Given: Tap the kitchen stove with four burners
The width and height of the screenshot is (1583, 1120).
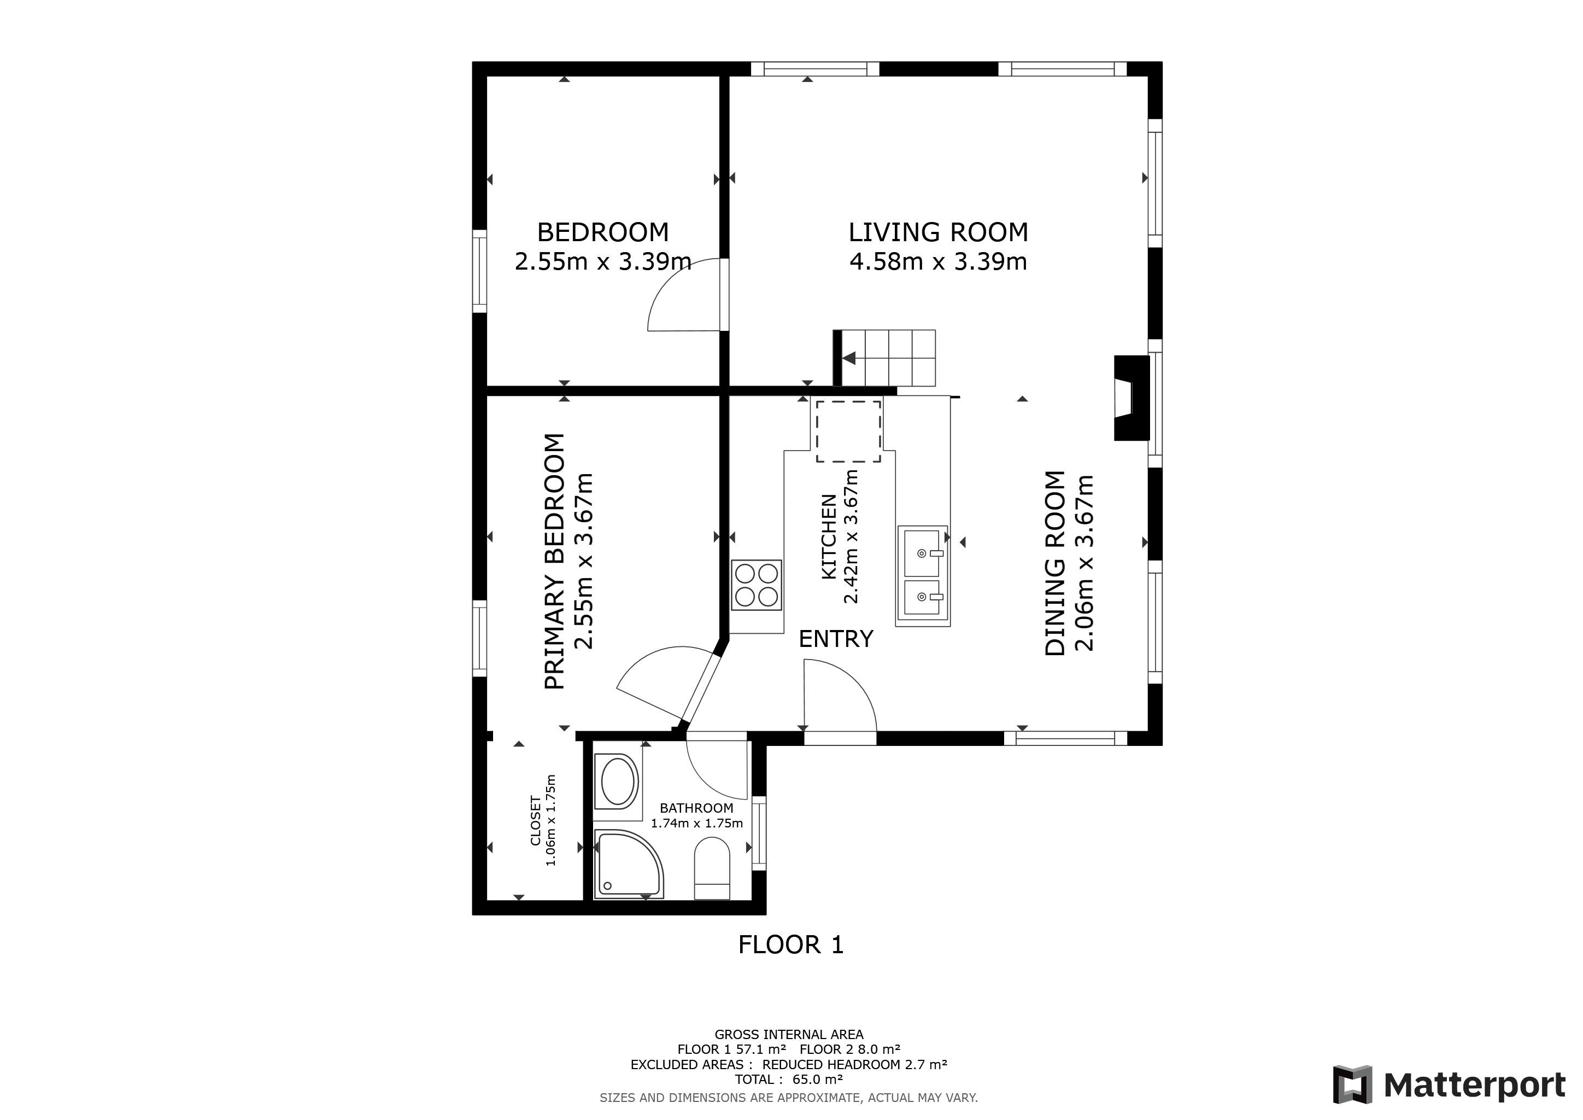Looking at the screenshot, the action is click(x=757, y=585).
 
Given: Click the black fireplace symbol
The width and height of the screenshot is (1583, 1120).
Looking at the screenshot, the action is click(x=1132, y=397).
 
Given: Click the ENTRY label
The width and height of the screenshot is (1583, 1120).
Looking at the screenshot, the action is click(x=836, y=639).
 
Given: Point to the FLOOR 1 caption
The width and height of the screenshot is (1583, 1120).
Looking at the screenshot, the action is click(x=791, y=944).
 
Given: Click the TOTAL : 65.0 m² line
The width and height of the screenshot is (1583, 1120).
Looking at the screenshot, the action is click(x=789, y=1080).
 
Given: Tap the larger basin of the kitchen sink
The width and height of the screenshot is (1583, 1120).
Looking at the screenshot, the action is click(x=922, y=553).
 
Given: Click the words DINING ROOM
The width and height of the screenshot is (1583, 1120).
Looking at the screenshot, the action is click(x=1056, y=563).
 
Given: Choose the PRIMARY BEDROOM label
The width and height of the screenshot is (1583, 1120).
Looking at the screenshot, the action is click(x=555, y=562).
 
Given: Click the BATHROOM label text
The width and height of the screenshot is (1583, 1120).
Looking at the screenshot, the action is click(x=696, y=808).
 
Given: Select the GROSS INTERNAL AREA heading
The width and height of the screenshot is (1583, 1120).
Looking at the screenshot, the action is click(x=789, y=1035).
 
